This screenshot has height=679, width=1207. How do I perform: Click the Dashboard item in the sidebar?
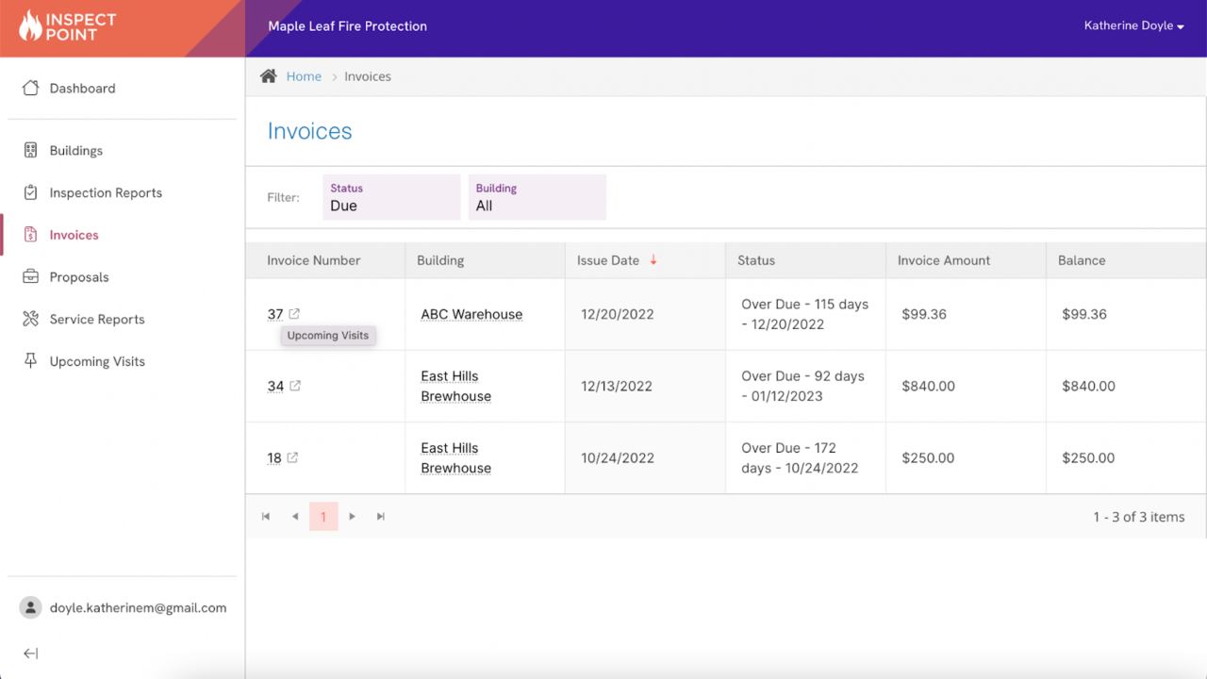82,89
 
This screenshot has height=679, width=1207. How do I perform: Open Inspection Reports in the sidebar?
106,193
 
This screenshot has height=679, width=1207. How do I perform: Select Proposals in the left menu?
79,277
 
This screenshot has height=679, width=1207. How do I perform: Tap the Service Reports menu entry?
97,320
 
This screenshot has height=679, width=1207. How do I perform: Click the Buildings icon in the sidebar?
31,151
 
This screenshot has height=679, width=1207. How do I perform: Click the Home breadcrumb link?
304,76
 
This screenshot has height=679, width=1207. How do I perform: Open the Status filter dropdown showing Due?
391,197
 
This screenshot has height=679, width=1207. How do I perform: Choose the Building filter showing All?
537,197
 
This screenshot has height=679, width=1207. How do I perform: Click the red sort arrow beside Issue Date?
653,260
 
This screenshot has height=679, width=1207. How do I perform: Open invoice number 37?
275,315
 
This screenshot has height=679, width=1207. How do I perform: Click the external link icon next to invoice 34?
295,386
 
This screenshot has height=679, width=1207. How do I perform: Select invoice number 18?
274,458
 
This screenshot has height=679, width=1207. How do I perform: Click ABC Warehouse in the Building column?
471,315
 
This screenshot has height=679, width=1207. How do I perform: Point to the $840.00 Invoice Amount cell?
928,387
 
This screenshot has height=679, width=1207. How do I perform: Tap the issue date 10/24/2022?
618,458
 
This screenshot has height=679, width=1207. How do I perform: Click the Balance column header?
1082,260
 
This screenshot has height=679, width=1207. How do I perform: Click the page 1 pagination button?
323,517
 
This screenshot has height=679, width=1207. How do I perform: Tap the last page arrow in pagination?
381,517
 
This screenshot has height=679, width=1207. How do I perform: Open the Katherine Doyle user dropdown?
1134,26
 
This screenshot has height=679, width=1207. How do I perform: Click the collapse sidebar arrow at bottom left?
31,654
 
